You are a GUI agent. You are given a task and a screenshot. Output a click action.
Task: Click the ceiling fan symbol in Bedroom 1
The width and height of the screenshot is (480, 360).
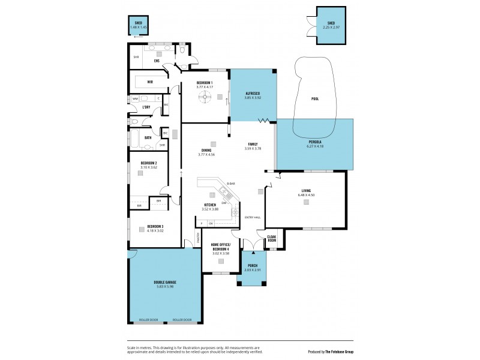coord(205,97)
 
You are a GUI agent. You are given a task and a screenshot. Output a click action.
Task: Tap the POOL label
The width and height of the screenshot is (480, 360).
coord(315,99)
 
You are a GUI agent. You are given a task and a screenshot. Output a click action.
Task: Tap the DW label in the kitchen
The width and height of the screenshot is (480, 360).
coord(223,203)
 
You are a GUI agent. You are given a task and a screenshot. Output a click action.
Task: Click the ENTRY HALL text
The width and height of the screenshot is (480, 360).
coord(252,217)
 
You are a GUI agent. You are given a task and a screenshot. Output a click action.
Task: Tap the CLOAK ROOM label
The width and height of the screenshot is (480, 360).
coord(271,239)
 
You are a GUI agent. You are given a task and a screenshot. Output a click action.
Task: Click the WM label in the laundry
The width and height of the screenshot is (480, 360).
coord(135,98)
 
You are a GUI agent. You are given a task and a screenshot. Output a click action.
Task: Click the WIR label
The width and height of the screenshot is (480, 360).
coord(142,82)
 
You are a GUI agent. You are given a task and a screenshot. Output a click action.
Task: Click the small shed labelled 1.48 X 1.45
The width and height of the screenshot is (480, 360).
coord(137,26)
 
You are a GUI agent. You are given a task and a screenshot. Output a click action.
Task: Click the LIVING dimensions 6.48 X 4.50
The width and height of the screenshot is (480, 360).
coord(306,195)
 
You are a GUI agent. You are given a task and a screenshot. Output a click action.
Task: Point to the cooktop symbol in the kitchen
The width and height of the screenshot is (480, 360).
coord(235,212)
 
